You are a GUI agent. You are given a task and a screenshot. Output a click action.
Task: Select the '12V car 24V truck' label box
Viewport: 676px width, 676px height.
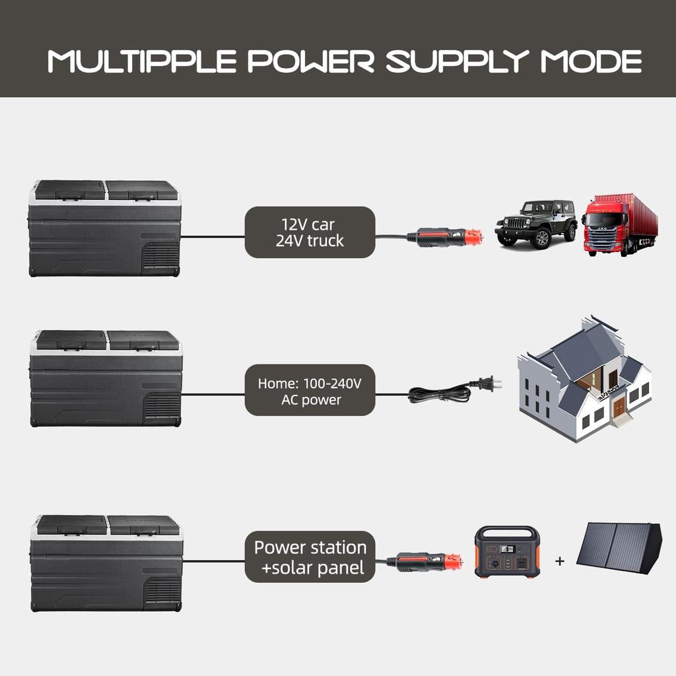coord(310,232)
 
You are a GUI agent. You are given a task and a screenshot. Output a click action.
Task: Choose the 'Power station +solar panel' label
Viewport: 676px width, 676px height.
coord(310,557)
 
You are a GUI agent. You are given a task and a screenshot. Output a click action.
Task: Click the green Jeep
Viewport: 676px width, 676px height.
coord(535,223)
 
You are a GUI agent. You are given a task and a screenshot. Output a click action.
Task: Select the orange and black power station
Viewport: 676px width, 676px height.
coord(506,552)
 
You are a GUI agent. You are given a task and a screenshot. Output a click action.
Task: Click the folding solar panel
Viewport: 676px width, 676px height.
coord(619,546)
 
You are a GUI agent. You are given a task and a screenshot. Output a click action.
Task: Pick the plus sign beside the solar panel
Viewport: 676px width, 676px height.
coord(560,561)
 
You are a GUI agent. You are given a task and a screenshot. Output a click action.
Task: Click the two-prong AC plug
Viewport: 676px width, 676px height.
coord(489,383)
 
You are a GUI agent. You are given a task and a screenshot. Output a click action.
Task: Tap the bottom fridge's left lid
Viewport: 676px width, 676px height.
coord(71,525)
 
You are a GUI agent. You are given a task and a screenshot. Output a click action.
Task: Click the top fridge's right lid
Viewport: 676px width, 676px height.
coord(142,190)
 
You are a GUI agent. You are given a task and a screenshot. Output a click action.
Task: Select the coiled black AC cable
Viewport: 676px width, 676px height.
coord(439,394)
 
